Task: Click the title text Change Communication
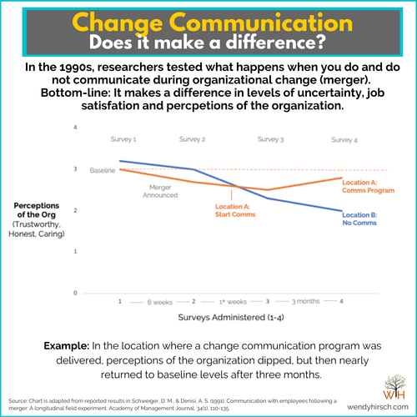[208, 20]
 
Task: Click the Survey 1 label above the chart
[123, 138]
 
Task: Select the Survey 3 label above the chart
[270, 138]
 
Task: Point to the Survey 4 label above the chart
[343, 138]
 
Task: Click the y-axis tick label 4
[98, 128]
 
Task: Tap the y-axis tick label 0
[98, 294]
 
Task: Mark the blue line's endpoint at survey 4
[341, 211]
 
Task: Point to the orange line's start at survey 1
[121, 169]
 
